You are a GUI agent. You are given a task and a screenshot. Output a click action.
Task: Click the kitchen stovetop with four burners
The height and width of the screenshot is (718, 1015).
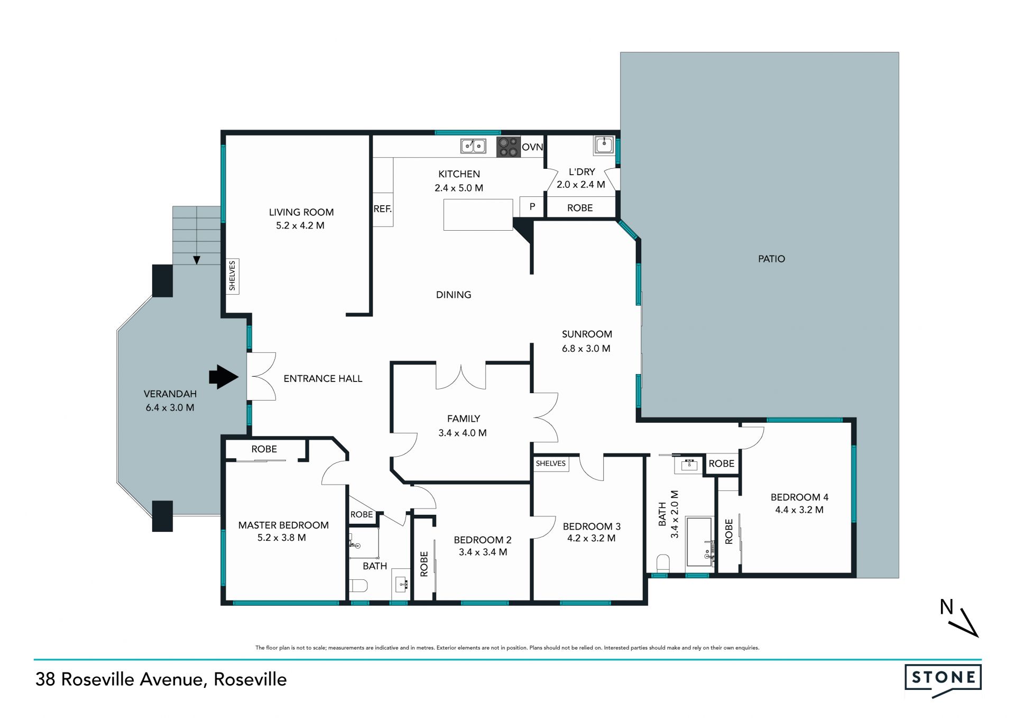coord(508,147)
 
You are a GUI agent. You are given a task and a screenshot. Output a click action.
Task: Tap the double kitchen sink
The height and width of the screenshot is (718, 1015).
coord(473,146)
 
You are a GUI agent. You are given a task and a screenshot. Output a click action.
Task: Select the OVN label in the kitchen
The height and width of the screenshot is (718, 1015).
coord(532,147)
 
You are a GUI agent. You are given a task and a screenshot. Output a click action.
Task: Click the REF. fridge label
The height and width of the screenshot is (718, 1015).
coord(383,209)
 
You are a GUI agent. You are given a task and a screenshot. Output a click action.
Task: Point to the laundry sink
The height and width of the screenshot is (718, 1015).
coord(604,144)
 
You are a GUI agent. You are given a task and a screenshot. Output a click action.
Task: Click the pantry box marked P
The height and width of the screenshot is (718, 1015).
coord(532,207)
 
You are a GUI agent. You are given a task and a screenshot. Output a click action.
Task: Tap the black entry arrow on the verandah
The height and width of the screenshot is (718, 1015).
coord(224,377)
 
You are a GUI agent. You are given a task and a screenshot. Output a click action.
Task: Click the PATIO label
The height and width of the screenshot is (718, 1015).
coord(771,259)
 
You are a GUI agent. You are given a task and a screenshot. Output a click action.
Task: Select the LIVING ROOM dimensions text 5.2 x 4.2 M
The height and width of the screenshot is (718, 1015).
coord(300,225)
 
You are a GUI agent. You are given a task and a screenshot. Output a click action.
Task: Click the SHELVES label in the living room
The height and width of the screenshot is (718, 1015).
coord(232,276)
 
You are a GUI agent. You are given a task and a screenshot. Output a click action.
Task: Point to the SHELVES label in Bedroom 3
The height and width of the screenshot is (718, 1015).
coord(551,463)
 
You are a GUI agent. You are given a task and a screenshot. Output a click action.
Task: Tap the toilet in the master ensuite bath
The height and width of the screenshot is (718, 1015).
coord(359,585)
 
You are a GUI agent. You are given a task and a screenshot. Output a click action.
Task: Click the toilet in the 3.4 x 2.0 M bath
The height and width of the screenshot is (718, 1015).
coord(663,563)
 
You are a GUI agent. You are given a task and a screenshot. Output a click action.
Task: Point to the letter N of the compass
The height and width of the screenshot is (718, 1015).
coord(946,607)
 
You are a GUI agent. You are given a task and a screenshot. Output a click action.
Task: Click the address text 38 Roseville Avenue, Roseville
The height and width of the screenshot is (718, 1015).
coord(161,679)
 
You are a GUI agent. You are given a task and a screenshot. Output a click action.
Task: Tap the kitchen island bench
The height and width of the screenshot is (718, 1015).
coord(478,215)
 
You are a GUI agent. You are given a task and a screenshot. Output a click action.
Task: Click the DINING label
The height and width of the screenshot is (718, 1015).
coord(454,295)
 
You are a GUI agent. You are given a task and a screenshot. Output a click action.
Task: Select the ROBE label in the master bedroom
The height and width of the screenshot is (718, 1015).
coord(264,449)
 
